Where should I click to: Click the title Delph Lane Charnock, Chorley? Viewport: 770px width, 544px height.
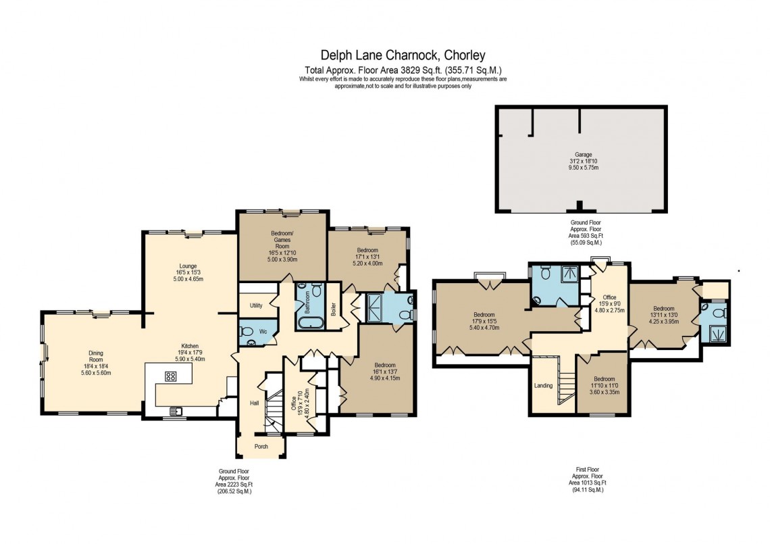coord(403,55)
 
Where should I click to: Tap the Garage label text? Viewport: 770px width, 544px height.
coord(580,155)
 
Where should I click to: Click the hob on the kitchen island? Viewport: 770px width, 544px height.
coord(170,377)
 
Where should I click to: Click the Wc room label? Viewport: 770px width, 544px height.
coord(265,332)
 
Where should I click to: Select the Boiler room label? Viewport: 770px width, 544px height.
coord(334,309)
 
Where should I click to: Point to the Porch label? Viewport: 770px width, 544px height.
coord(261,446)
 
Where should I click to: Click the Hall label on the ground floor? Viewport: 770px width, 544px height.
coord(254,403)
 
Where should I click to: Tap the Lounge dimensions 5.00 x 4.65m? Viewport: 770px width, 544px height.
coord(188,279)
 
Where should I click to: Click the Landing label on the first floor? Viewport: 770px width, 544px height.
coord(543,386)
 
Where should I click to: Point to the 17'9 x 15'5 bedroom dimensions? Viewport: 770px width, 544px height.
coord(484,321)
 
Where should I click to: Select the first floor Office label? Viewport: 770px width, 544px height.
coord(610,298)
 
